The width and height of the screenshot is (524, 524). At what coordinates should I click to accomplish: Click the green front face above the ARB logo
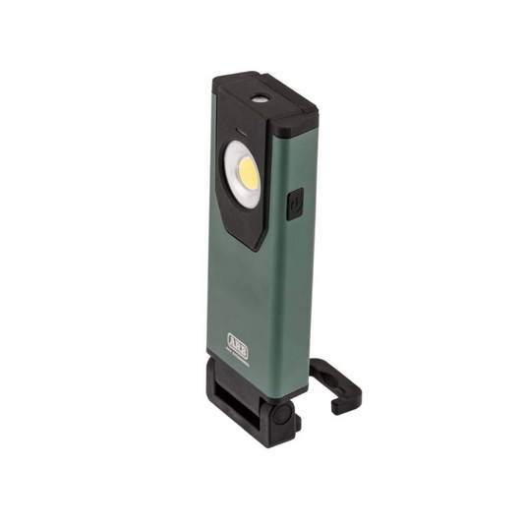click(246, 295)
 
